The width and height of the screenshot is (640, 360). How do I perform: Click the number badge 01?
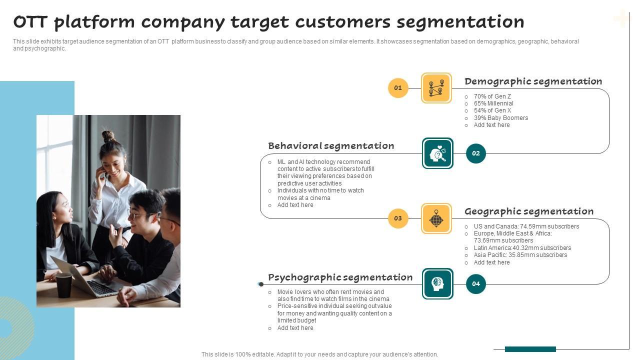(x=398, y=88)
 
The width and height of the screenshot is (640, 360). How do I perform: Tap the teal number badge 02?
(x=475, y=153)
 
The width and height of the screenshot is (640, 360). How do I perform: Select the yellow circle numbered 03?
(x=398, y=218)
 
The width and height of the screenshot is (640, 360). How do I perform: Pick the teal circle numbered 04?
(x=475, y=284)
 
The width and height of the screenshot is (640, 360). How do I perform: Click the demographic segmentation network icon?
(x=436, y=88)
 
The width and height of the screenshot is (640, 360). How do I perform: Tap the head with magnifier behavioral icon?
(x=437, y=153)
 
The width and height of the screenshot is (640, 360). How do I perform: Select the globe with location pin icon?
(x=436, y=218)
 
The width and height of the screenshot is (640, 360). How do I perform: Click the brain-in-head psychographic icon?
(x=437, y=284)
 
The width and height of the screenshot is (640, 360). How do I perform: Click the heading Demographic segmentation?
(x=533, y=81)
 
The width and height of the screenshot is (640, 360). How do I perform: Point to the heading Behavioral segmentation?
(x=331, y=146)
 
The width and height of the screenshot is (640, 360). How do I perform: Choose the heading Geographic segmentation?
(x=529, y=211)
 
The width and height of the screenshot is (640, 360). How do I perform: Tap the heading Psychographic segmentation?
(x=340, y=277)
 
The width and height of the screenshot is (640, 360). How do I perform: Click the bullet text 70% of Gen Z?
(x=492, y=96)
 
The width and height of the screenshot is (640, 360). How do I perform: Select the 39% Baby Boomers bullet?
(x=500, y=118)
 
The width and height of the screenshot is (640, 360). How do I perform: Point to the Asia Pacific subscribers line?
(x=520, y=255)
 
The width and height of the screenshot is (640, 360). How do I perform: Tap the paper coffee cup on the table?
(x=64, y=285)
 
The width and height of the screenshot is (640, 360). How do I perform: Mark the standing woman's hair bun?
(x=108, y=135)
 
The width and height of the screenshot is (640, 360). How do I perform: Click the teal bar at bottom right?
(x=530, y=349)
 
